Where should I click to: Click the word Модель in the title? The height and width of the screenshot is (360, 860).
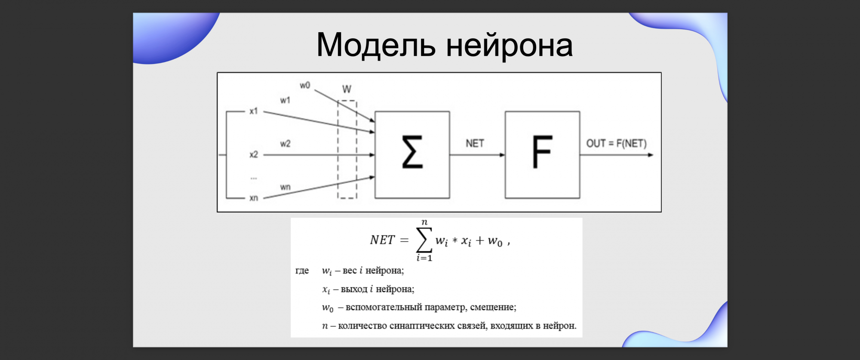coord(376,45)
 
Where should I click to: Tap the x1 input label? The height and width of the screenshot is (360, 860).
coord(254,111)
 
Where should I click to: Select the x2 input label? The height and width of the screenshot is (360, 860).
coord(254,154)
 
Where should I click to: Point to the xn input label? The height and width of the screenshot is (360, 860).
coord(254,198)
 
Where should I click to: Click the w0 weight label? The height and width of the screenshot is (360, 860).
coord(305,85)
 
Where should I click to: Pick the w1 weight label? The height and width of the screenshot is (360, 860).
coord(285,100)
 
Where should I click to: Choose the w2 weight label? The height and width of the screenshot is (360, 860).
coord(285,144)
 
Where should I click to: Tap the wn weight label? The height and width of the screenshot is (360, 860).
coord(285,187)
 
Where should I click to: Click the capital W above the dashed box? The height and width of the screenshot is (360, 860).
coord(347,89)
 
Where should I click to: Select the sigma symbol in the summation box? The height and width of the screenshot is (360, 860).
coord(412,151)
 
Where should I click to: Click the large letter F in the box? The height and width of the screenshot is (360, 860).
coord(542,151)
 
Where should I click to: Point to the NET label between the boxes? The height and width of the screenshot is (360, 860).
coord(475,143)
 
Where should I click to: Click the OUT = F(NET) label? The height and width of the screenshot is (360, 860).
coord(616,143)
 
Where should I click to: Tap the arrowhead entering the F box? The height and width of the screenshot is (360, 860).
coord(502,155)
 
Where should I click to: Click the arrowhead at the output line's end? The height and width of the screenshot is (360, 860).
coord(651,155)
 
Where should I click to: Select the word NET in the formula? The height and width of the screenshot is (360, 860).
coord(382,240)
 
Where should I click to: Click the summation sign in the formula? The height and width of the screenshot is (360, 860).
coord(424,240)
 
